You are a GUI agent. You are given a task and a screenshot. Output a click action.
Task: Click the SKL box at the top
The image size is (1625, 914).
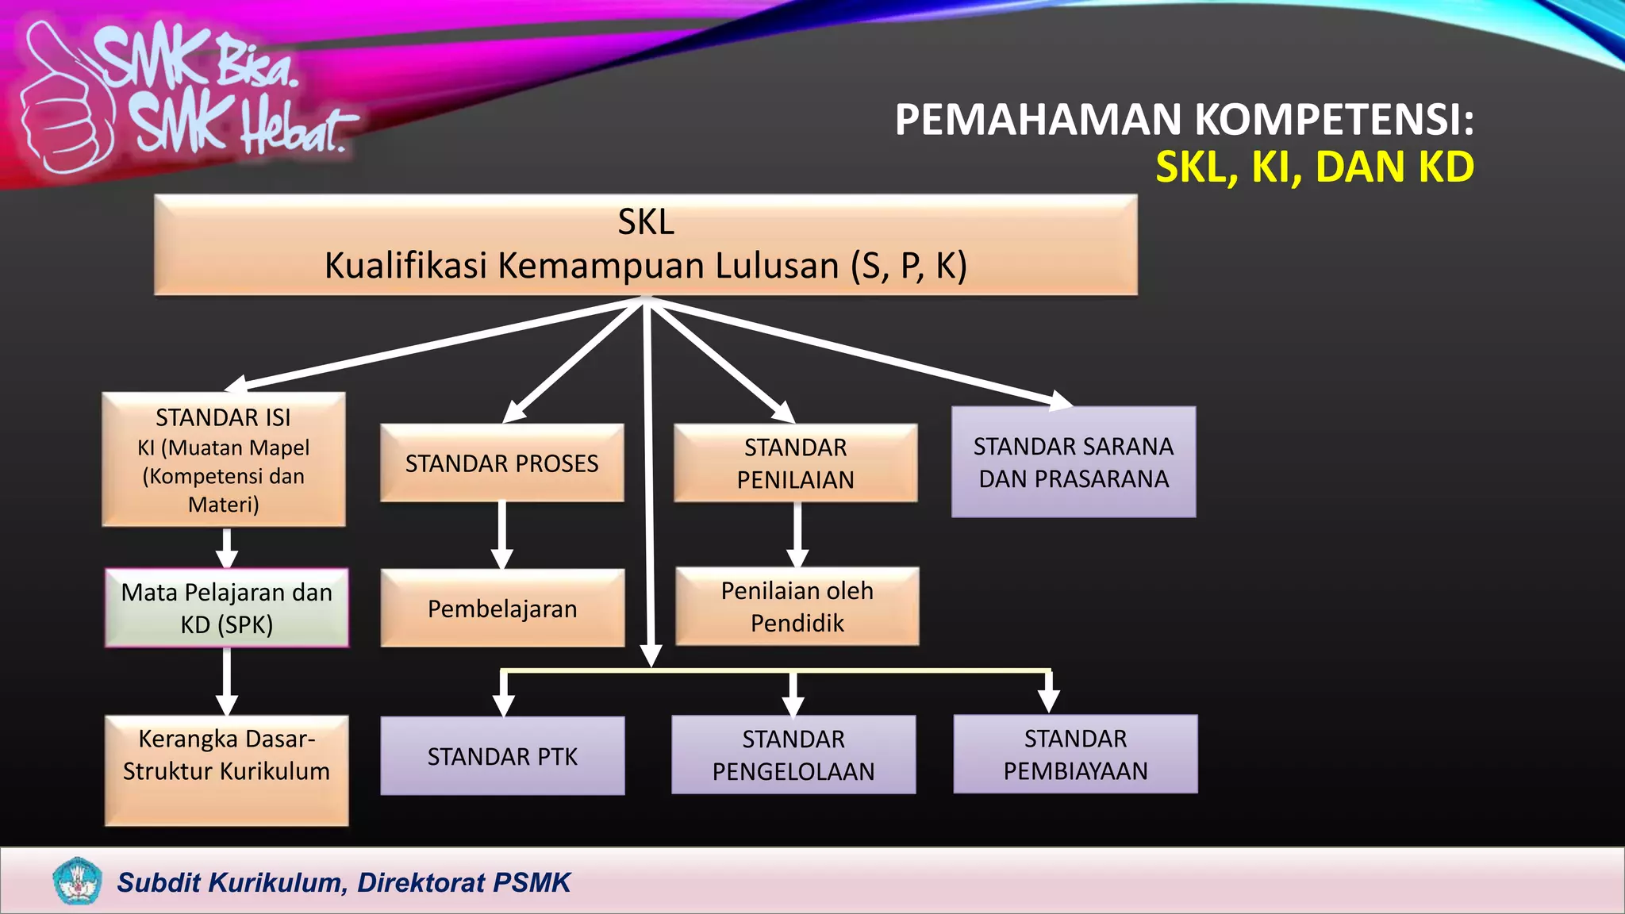click(645, 245)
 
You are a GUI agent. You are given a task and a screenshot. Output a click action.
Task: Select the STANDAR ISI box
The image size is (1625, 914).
click(224, 459)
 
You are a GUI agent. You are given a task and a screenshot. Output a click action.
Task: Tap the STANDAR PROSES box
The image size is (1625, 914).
click(501, 463)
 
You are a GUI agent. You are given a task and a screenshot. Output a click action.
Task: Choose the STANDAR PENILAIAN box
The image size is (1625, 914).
click(795, 463)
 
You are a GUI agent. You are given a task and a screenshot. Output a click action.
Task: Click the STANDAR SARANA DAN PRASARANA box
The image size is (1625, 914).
click(1073, 462)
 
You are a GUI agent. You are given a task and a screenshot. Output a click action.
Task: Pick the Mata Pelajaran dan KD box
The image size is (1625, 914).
click(227, 608)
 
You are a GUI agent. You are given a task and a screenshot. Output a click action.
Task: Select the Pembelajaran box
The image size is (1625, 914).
click(501, 608)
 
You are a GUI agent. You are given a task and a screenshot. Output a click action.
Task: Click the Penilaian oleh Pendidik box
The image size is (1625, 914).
click(797, 606)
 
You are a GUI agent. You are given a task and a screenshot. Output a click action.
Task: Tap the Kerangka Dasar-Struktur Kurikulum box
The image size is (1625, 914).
click(227, 770)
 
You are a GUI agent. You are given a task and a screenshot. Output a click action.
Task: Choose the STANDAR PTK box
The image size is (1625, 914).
click(501, 755)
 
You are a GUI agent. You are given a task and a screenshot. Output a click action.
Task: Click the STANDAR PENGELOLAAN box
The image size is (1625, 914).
click(793, 755)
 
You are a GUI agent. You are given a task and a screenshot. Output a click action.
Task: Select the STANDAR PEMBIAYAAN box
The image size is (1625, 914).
click(1075, 754)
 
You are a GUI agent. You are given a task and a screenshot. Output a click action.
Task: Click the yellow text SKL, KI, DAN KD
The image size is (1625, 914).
click(1314, 167)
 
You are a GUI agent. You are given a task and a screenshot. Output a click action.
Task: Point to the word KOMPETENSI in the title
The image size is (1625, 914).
click(1334, 120)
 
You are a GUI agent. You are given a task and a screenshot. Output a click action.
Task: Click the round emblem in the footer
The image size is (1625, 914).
click(77, 881)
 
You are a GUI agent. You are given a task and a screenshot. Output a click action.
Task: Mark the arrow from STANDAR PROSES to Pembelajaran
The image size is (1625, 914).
click(501, 535)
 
